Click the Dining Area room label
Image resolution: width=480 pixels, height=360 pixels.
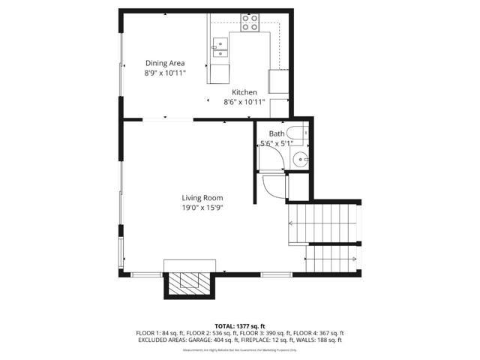point(165,63)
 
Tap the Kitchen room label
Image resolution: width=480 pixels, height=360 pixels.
point(244,92)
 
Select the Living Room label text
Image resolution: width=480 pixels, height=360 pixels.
point(202,198)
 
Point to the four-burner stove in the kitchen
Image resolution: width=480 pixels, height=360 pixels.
point(250,22)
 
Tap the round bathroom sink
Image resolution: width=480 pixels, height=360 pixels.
point(301,159)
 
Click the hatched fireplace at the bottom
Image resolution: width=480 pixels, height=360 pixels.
point(188,282)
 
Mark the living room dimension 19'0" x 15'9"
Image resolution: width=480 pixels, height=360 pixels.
point(202,208)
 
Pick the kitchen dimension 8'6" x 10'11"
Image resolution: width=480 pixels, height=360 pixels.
point(244,102)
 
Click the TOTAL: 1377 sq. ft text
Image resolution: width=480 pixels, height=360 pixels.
point(239,325)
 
